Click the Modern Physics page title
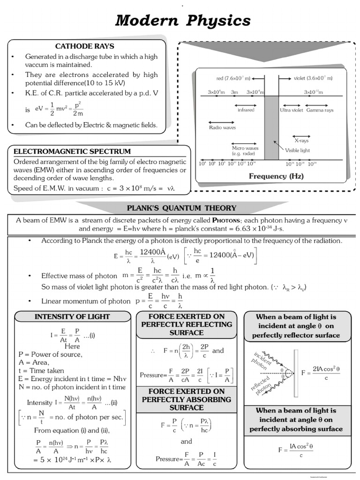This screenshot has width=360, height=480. (183, 21)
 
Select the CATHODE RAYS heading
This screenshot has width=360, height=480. (85, 46)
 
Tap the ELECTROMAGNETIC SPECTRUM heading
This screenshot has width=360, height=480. (72, 151)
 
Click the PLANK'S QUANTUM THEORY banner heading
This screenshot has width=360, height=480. (182, 208)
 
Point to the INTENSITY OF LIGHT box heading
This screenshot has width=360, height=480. (72, 317)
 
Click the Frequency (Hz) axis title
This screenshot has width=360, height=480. (276, 176)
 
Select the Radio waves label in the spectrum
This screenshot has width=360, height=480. (222, 127)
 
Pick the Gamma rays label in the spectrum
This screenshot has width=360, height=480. (320, 110)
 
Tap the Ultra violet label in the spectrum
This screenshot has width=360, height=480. (292, 110)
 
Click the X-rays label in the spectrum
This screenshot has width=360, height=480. (301, 140)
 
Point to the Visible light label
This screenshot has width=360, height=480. (298, 150)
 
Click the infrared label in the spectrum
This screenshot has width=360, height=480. (246, 110)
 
